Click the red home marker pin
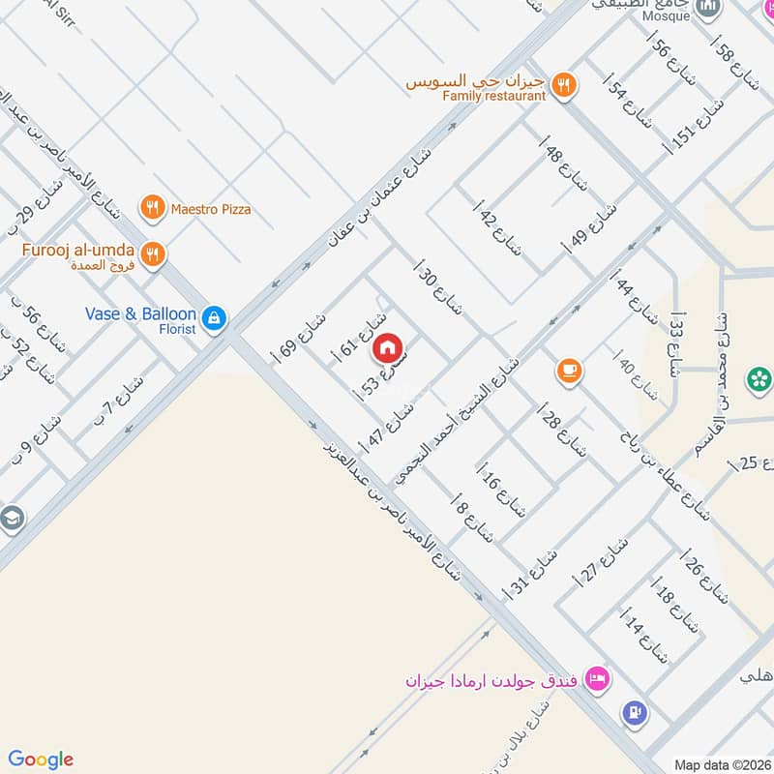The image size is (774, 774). coord(387,347)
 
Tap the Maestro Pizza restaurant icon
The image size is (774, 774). coord(151,207)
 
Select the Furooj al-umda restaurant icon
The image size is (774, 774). coord(152,254)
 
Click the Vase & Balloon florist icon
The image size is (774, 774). coord(215,316)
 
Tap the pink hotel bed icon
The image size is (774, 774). coord(598,679)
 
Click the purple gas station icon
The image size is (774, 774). coord(634,713)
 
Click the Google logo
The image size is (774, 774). coord(40,759)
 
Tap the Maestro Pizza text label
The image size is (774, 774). coord(210,208)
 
